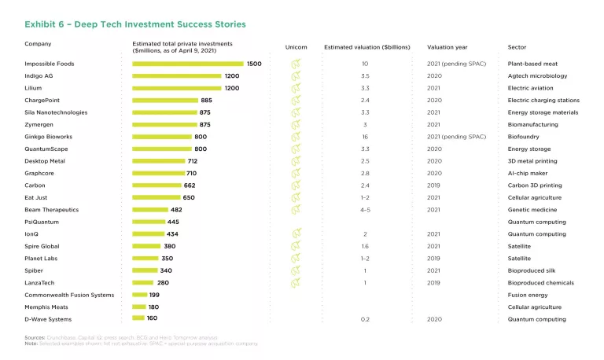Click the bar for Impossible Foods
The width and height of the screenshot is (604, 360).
click(188, 64)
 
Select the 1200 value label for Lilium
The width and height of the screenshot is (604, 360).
click(232, 88)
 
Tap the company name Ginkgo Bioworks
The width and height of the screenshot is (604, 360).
click(50, 137)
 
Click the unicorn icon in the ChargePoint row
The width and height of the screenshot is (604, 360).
click(296, 101)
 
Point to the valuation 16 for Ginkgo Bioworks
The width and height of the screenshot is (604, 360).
click(365, 137)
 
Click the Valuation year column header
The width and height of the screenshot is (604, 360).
click(447, 47)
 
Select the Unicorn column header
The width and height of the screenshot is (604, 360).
click(296, 47)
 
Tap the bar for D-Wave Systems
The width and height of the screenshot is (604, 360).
click(138, 319)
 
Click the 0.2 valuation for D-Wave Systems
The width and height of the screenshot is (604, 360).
click(365, 319)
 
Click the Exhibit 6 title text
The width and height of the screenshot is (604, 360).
click(135, 24)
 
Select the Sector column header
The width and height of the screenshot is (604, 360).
click(517, 47)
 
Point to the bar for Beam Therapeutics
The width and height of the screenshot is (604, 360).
click(150, 210)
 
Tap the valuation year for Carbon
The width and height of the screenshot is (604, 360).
click(435, 186)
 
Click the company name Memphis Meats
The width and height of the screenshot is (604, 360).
click(48, 307)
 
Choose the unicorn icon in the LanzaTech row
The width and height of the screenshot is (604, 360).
click(296, 283)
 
